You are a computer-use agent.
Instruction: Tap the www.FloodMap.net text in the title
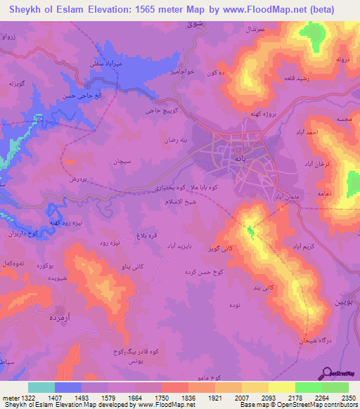[268, 8]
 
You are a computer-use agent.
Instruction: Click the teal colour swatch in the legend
[41, 387]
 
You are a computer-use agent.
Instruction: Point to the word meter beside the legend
[11, 397]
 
